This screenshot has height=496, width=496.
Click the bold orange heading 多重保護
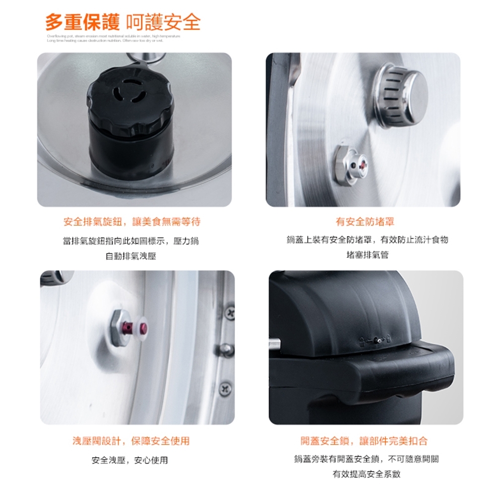coord(84,22)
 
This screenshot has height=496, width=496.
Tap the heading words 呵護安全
coord(164,22)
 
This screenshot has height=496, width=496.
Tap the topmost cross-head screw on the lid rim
coord(229,312)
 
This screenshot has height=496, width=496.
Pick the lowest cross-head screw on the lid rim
coord(226,387)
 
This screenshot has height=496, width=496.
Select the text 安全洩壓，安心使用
coord(130,460)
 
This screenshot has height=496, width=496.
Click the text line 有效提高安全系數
coord(367,474)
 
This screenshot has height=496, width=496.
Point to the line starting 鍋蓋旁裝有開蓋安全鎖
coord(367,459)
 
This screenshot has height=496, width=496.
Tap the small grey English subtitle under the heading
coord(113,39)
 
